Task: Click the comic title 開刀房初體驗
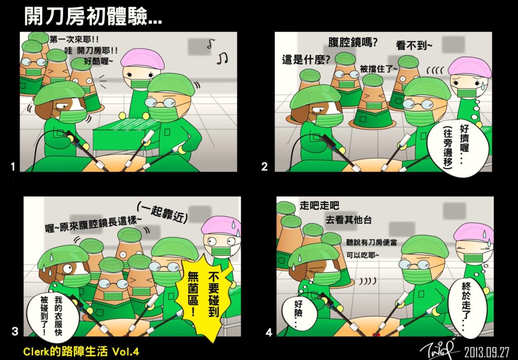pyautogui.click(x=93, y=16)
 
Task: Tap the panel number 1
pyautogui.click(x=13, y=167)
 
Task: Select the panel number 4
pyautogui.click(x=269, y=332)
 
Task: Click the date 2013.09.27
pyautogui.click(x=487, y=352)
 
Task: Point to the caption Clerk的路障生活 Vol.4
pyautogui.click(x=81, y=351)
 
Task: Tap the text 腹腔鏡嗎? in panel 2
pyautogui.click(x=353, y=43)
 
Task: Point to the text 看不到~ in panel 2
pyautogui.click(x=414, y=45)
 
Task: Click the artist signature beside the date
pyautogui.click(x=440, y=349)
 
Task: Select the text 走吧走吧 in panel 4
pyautogui.click(x=319, y=206)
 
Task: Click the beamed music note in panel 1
pyautogui.click(x=223, y=59)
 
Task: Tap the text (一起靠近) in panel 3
pyautogui.click(x=162, y=213)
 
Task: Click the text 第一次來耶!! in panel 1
pyautogui.click(x=74, y=39)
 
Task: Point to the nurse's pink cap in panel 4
pyautogui.click(x=473, y=232)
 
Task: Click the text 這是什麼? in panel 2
pyautogui.click(x=306, y=60)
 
